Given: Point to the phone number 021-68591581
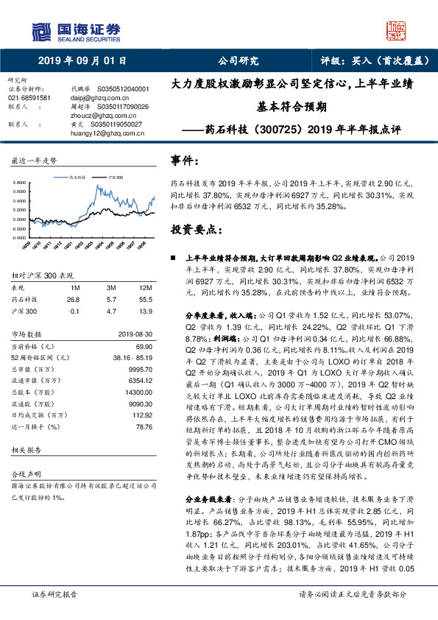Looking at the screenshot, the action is coord(29,97).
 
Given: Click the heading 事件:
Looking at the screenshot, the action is coord(186,159).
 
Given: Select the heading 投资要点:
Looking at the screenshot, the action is coord(196,229).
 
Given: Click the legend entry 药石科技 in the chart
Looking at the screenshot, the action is coord(77,177).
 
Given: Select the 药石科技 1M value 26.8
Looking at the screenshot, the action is coord(73,300).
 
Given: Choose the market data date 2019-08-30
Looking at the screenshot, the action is coord(133,335).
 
